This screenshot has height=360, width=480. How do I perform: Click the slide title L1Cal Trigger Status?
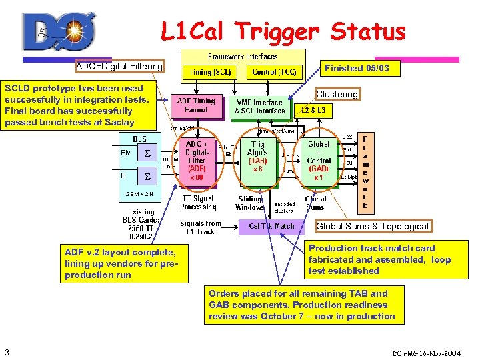[x=283, y=31]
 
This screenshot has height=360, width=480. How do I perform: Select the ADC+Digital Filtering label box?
[x=119, y=66]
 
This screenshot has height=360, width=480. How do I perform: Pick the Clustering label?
[x=337, y=94]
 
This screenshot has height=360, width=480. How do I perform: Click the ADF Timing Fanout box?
[x=197, y=105]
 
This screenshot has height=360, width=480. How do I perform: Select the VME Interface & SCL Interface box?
[x=260, y=106]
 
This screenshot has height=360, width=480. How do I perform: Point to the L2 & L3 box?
[x=313, y=110]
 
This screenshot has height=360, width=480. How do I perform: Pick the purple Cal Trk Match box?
[x=271, y=226]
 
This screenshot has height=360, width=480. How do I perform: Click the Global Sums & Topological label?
[x=372, y=226]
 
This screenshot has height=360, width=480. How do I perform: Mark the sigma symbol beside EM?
[x=147, y=154]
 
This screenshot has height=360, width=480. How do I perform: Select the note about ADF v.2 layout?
[x=120, y=263]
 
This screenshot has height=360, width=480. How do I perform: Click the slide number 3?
[x=6, y=351]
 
